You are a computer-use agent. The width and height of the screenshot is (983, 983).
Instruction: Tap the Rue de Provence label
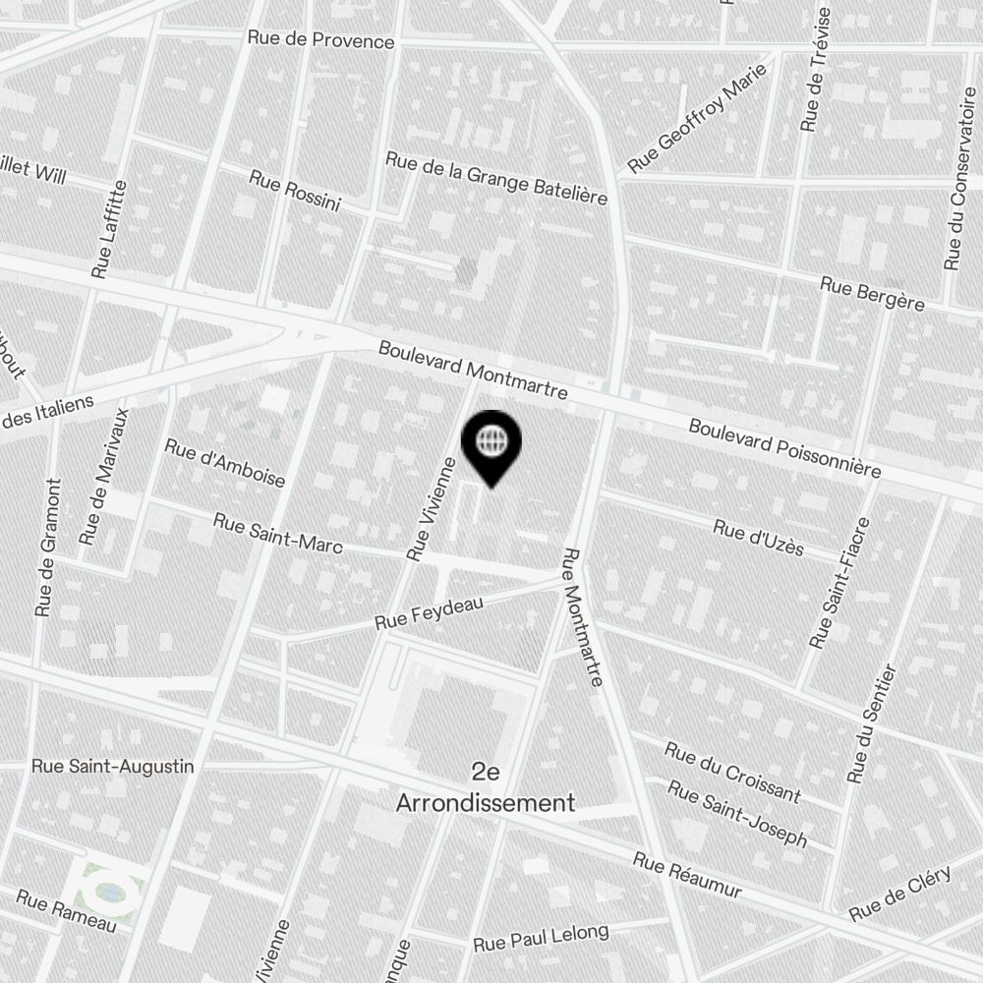(x=320, y=40)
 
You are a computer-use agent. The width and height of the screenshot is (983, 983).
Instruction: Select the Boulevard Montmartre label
(x=473, y=370)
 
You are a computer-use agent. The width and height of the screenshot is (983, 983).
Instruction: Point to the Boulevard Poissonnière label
(x=783, y=448)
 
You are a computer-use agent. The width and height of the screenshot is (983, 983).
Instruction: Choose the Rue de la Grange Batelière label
(x=495, y=178)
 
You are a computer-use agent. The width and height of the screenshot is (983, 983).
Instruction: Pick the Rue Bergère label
(x=872, y=293)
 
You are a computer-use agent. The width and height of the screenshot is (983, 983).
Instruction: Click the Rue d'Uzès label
(x=758, y=540)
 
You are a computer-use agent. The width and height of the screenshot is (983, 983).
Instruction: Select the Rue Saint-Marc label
(x=277, y=533)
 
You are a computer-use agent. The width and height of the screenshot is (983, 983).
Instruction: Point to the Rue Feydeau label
(x=429, y=613)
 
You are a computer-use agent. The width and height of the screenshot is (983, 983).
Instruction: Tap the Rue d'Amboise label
(x=224, y=463)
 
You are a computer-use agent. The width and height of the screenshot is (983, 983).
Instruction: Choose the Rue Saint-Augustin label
(x=112, y=766)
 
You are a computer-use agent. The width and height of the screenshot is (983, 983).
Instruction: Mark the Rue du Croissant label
(x=731, y=772)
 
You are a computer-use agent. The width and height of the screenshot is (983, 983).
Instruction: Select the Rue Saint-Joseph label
(x=737, y=813)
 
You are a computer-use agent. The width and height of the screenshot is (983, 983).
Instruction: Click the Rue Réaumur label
(x=686, y=875)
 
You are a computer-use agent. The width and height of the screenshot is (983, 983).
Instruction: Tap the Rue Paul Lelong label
(x=541, y=938)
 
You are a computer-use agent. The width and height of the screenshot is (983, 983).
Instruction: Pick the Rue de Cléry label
(x=899, y=895)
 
